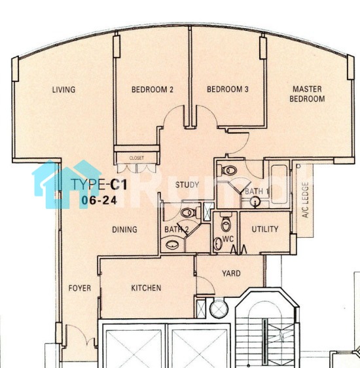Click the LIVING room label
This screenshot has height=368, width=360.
(63, 90)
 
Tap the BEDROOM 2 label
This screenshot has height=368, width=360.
(153, 90)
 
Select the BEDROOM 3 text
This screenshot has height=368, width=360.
(228, 89)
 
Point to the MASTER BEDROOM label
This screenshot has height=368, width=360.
(307, 94)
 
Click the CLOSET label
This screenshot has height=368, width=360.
(137, 158)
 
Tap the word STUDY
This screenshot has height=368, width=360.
(187, 185)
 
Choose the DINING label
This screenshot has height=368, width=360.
(124, 229)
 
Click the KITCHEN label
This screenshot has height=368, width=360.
(146, 288)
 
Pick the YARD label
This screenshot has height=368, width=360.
(231, 274)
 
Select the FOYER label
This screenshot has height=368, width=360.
(79, 288)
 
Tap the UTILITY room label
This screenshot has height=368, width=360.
(265, 229)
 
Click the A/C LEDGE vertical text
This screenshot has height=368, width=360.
(305, 200)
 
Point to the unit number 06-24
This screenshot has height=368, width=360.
(99, 200)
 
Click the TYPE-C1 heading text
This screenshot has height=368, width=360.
(99, 184)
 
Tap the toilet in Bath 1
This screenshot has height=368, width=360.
(227, 170)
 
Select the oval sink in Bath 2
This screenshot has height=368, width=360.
(172, 245)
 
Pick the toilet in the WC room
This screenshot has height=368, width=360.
(226, 222)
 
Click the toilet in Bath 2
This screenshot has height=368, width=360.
(190, 213)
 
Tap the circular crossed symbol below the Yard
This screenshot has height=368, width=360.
(219, 308)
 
